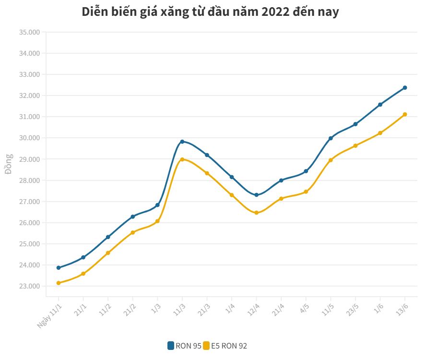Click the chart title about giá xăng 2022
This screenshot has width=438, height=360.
click(210, 12)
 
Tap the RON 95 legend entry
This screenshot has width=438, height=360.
click(184, 346)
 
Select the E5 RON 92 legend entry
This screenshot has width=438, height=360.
click(225, 346)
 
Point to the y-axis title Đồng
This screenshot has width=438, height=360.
click(8, 164)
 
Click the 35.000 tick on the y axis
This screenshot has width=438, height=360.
click(29, 32)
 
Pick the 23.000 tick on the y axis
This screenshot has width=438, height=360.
click(29, 286)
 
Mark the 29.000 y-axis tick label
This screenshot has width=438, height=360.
click(29, 159)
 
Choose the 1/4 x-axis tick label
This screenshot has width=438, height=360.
click(228, 307)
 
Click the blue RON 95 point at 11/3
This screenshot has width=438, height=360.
click(182, 142)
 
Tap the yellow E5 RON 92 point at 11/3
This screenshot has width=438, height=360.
click(182, 159)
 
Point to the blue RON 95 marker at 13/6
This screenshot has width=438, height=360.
click(405, 88)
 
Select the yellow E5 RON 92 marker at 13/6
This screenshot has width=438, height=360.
click(405, 114)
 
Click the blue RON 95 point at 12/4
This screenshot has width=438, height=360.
click(256, 195)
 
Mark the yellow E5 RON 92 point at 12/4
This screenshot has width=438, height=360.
click(256, 213)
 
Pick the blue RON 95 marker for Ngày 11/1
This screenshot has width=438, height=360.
click(59, 268)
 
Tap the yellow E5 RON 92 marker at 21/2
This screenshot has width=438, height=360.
click(133, 232)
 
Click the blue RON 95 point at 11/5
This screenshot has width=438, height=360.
click(331, 138)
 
